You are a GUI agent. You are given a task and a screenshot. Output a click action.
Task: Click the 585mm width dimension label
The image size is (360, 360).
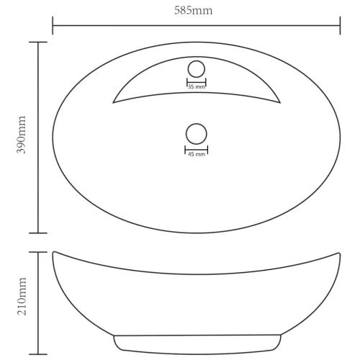[x=193, y=11]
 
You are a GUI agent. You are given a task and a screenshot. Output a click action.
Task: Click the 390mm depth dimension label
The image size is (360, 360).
[x=21, y=135]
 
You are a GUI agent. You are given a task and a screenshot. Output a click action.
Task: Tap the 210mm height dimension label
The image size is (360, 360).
[x=22, y=296]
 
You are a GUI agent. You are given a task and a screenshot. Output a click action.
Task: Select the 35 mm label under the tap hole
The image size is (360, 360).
[x=197, y=87]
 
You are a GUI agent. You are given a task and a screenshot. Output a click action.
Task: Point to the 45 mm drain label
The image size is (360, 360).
[x=197, y=154]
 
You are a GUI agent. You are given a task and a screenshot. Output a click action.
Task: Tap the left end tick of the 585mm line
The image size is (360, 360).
[x=53, y=25]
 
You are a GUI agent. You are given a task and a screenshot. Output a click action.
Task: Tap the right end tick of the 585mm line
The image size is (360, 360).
[x=340, y=25]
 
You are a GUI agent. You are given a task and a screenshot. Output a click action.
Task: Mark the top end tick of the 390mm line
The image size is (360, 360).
[x=38, y=42]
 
